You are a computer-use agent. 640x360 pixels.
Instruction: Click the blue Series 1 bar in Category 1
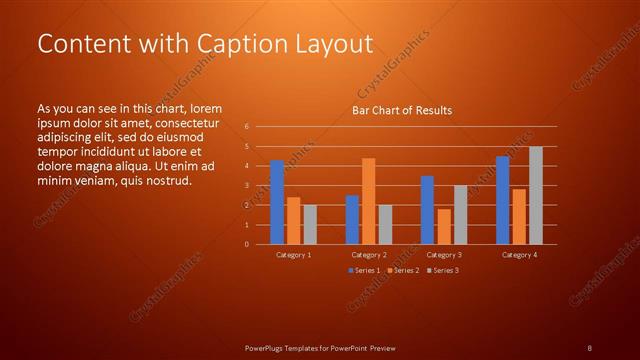(277, 202)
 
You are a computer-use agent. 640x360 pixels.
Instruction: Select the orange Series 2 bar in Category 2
(368, 201)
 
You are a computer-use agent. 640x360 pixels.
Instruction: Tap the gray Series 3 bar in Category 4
(535, 195)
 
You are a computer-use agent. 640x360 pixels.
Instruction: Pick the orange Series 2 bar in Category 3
(444, 227)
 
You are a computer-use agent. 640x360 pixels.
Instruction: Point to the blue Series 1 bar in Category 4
(502, 200)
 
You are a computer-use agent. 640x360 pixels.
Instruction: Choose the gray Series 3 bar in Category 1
(310, 225)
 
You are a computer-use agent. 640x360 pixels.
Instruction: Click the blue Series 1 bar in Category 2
(352, 220)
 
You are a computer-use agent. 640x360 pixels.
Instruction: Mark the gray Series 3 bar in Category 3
(460, 215)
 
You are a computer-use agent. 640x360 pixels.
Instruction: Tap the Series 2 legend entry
(405, 271)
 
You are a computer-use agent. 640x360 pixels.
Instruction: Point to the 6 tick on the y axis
(246, 127)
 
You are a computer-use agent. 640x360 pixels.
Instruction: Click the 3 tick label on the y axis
(246, 186)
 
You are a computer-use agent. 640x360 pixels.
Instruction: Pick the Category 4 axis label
(518, 255)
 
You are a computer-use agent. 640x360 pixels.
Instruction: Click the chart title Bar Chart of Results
(401, 110)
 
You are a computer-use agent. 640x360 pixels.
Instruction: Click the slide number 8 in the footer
(589, 347)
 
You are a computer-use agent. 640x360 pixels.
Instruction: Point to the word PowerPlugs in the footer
(268, 347)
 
